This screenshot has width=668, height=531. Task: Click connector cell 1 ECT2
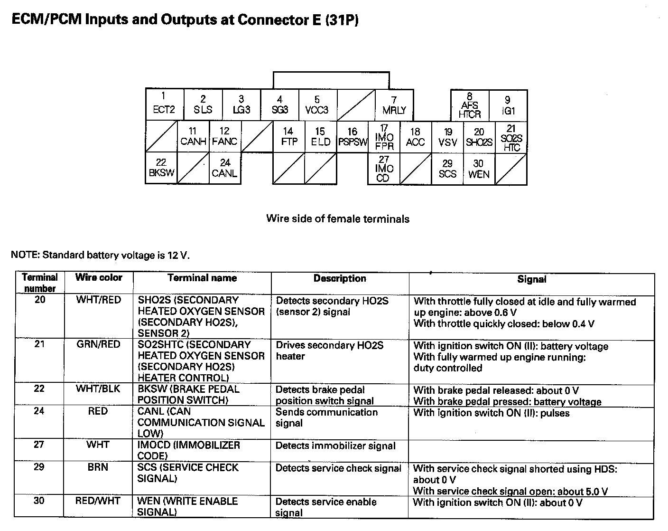[x=164, y=104]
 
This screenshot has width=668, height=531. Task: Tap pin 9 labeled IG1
[x=508, y=105]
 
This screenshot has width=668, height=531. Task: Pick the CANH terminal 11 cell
[x=193, y=137]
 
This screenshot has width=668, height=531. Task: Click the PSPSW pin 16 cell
[x=353, y=137]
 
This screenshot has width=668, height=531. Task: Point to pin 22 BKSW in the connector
[x=161, y=168]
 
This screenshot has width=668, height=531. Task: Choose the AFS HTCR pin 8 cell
[x=469, y=105]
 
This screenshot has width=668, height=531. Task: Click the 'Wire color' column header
[x=99, y=278]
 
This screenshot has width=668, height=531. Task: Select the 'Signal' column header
[x=531, y=280]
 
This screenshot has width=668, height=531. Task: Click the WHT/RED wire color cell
[x=99, y=300]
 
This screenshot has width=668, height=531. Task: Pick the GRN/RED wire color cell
[x=99, y=344]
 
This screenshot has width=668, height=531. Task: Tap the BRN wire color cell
[x=98, y=467]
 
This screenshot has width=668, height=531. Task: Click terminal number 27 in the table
[x=39, y=445]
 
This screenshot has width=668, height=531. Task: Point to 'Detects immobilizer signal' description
[x=335, y=446]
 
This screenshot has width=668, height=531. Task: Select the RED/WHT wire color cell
[x=98, y=501]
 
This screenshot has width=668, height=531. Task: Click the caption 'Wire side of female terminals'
[x=337, y=219]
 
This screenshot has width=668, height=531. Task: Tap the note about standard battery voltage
[x=100, y=255]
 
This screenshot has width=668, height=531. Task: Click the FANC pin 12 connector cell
[x=224, y=137]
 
